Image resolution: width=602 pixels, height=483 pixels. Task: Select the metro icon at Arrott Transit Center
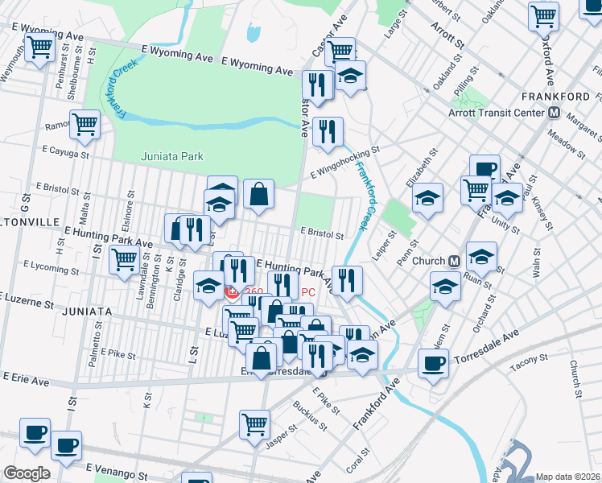(554, 113)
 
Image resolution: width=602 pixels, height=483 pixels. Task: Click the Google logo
(27, 473)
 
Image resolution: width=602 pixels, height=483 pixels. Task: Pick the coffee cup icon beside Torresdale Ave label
(433, 363)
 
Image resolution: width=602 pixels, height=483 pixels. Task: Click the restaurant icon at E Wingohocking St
(328, 131)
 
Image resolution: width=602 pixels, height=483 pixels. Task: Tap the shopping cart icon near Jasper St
(254, 423)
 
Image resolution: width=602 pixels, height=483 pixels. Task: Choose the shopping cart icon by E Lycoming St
(124, 259)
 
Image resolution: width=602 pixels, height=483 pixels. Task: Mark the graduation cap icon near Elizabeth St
(428, 196)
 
